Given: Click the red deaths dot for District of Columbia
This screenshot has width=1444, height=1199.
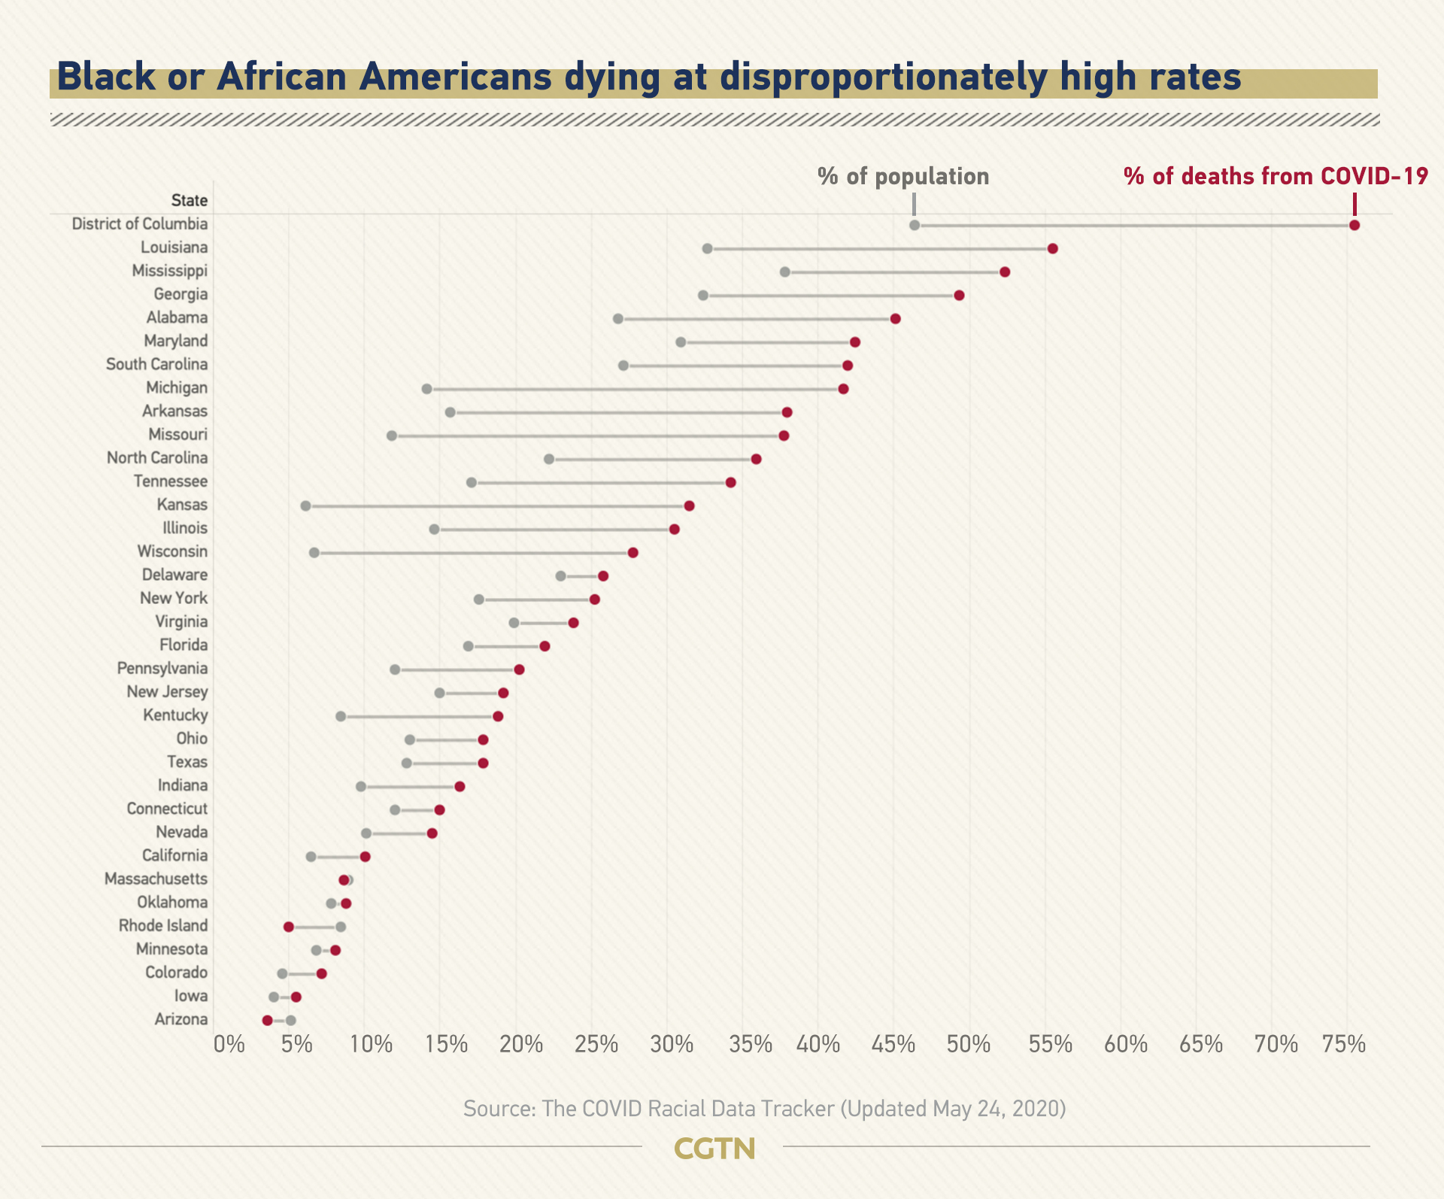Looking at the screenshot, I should tap(1355, 225).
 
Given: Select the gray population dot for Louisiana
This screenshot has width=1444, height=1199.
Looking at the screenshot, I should tap(707, 248).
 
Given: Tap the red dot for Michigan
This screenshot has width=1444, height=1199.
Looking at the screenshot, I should tap(843, 389).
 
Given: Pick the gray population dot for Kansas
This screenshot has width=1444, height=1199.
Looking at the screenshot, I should tap(305, 505).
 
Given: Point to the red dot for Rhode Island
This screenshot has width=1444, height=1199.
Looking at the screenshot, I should tap(289, 926).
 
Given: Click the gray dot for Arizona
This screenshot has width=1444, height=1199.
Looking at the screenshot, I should tap(291, 1020).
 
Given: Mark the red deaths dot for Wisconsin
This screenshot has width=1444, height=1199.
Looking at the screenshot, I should tap(633, 553).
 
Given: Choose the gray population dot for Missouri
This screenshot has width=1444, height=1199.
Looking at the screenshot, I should tap(391, 436).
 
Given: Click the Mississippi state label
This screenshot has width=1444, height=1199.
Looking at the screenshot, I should tap(169, 271).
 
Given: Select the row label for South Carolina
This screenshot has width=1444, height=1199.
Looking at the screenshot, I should tap(156, 364).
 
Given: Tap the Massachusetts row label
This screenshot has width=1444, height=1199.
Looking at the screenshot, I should tap(156, 879).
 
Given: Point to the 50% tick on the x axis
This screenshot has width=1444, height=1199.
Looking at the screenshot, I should tap(968, 1044).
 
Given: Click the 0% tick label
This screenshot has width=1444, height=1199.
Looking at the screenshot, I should tap(229, 1044).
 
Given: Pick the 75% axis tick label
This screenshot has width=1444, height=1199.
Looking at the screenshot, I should tap(1344, 1044).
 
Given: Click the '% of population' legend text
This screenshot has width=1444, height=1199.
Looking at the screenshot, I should tap(903, 177).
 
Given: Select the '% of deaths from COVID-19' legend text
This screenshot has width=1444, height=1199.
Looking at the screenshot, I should tap(1276, 177).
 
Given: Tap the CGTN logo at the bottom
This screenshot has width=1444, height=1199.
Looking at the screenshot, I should tap(714, 1149).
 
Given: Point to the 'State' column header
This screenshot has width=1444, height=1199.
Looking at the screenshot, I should tap(189, 200).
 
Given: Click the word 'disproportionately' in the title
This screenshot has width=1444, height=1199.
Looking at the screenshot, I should tap(883, 77).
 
